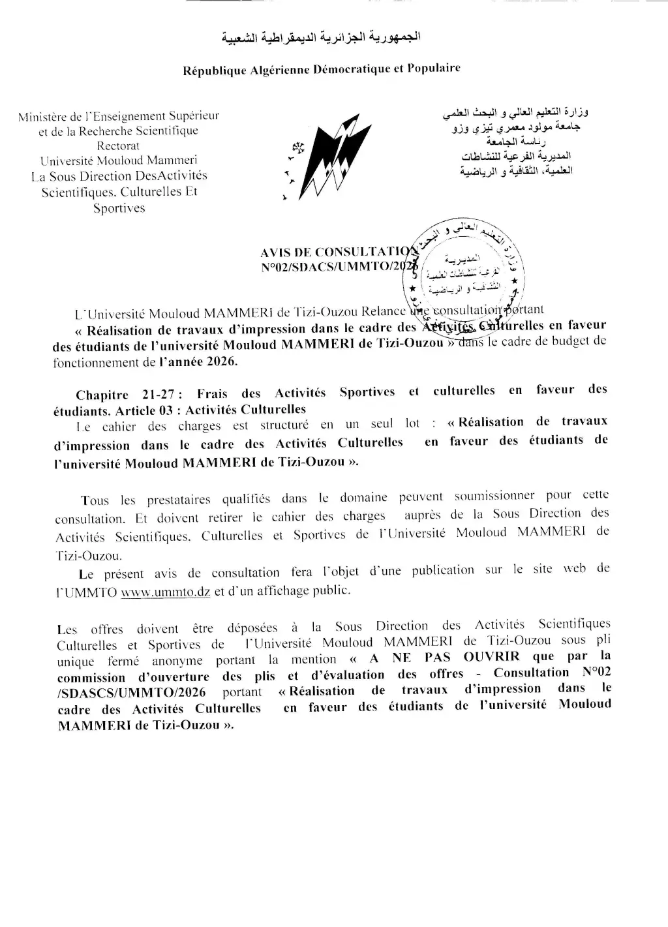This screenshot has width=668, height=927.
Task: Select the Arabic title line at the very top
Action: coord(322,39)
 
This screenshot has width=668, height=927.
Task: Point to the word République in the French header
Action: coord(213,71)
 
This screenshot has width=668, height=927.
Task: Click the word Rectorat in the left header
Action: coord(118,145)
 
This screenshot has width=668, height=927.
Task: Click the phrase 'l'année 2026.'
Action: coord(198,361)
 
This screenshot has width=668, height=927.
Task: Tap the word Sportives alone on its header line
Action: coord(119,208)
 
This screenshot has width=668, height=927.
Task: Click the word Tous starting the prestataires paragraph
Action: coord(95,500)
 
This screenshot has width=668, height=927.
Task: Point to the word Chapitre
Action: coord(101,395)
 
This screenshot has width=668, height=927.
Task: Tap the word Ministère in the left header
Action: coord(44,117)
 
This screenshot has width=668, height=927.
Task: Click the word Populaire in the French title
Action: coord(434,68)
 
